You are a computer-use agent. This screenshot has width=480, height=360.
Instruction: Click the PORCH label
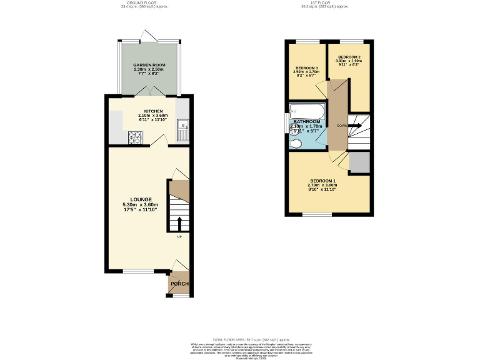pos(179,284)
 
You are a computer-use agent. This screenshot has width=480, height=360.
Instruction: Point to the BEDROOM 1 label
pos(322,181)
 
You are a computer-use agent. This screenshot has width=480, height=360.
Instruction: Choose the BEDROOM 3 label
pos(306,67)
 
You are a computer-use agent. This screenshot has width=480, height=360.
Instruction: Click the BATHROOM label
pos(306,121)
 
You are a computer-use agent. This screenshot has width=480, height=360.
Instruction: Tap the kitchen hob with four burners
pos(134,137)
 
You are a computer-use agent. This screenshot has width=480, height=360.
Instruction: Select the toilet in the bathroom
pos(296,144)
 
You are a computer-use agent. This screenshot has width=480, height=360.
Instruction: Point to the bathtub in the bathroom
pos(306,111)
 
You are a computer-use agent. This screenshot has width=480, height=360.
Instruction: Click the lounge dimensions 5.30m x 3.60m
pos(140,205)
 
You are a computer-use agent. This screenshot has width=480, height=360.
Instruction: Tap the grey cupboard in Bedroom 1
pos(359,162)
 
